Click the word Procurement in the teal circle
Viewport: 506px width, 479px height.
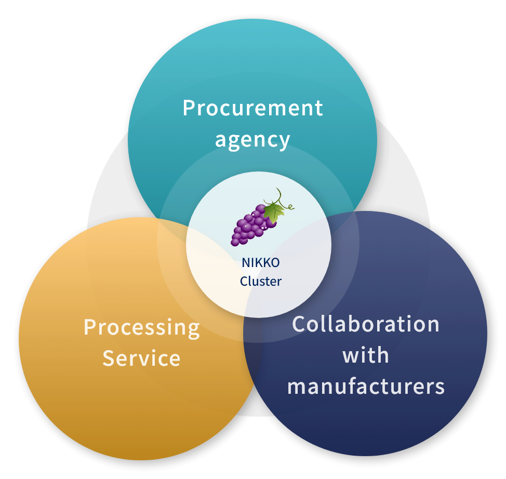[x=252, y=108]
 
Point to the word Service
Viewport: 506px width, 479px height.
[x=141, y=358]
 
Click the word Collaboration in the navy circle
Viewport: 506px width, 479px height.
[x=366, y=324]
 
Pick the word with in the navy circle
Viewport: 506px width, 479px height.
[x=366, y=355]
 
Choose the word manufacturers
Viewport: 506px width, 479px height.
[x=366, y=385]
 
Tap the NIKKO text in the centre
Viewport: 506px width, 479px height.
[x=261, y=263]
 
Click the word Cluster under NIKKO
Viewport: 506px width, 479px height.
[x=261, y=281]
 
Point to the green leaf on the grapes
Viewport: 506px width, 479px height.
[x=274, y=212]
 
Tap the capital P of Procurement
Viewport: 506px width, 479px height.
[x=189, y=108]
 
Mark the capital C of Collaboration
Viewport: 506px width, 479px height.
[x=299, y=324]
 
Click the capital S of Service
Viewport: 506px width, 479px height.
[x=109, y=358]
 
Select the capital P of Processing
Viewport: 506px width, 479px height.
[x=90, y=327]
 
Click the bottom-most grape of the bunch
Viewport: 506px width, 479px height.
[x=235, y=242]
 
